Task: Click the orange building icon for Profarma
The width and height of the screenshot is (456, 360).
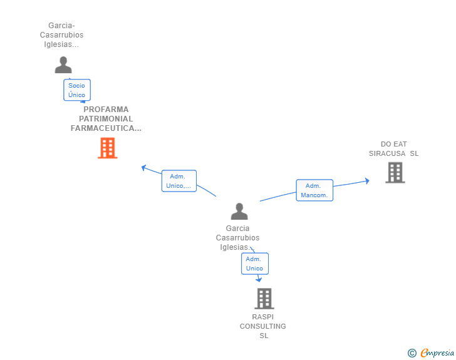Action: pyautogui.click(x=108, y=148)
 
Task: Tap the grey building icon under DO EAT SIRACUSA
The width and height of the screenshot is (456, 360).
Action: pyautogui.click(x=395, y=172)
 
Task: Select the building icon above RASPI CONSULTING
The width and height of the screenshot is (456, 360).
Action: pyautogui.click(x=264, y=299)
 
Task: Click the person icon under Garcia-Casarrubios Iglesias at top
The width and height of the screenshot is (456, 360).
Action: pyautogui.click(x=63, y=65)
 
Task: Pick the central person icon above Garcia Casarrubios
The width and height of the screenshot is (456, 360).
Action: pyautogui.click(x=239, y=212)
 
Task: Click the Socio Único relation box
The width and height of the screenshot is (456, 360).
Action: pyautogui.click(x=77, y=90)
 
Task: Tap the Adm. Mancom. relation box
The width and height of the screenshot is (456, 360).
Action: pyautogui.click(x=314, y=190)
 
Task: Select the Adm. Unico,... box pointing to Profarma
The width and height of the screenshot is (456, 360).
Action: pyautogui.click(x=179, y=181)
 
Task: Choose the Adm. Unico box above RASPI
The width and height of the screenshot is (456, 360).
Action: pyautogui.click(x=255, y=264)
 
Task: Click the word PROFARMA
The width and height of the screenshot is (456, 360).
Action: pyautogui.click(x=106, y=110)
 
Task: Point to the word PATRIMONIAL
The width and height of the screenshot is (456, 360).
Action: pyautogui.click(x=106, y=118)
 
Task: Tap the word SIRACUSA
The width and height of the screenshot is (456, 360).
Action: pyautogui.click(x=387, y=153)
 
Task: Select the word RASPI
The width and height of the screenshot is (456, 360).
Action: pyautogui.click(x=263, y=317)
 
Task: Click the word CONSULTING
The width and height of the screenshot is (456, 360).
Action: pyautogui.click(x=263, y=326)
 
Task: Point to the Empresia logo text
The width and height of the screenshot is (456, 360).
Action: pyautogui.click(x=437, y=352)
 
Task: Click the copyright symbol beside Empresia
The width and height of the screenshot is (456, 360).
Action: pyautogui.click(x=412, y=353)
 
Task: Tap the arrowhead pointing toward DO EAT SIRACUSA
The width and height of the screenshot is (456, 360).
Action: pyautogui.click(x=367, y=181)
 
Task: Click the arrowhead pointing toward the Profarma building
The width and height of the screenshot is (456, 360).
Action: pyautogui.click(x=143, y=168)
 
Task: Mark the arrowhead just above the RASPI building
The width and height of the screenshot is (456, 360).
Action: pyautogui.click(x=259, y=279)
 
